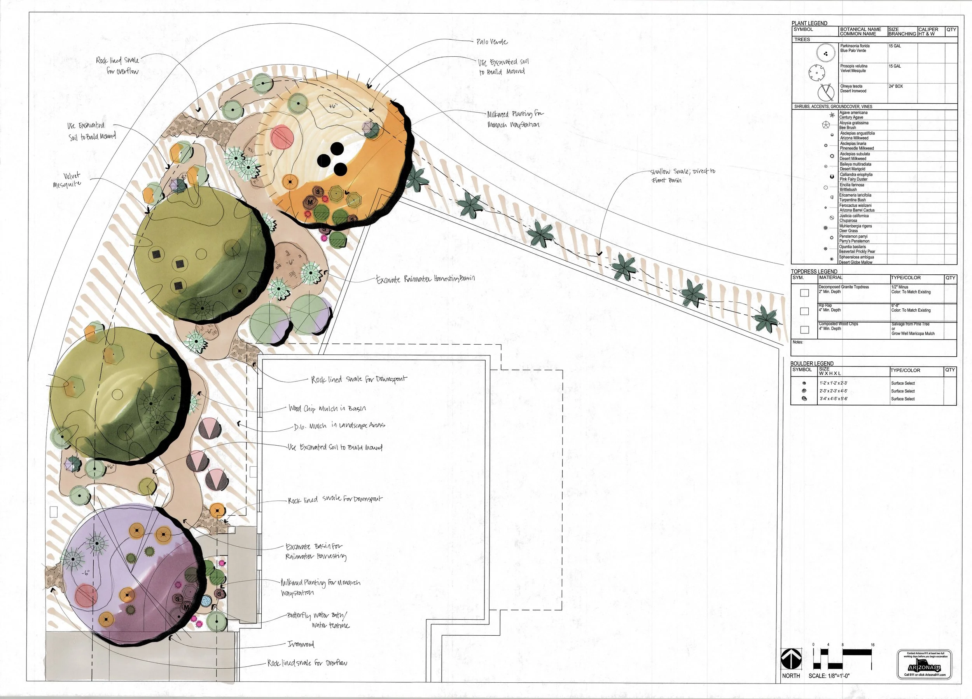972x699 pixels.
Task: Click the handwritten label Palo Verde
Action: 491,42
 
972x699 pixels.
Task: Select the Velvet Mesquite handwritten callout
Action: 66,180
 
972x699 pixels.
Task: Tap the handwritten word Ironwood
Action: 301,644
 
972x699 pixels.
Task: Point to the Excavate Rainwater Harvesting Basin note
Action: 425,279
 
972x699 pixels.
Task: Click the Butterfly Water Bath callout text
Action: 317,620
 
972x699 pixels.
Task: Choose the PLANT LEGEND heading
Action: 809,23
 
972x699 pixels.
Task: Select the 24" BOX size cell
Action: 896,86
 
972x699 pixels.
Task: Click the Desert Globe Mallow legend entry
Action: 856,260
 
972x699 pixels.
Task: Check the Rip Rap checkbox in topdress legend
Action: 804,311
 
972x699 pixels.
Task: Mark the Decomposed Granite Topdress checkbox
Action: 804,293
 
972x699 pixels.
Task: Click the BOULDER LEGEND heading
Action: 812,363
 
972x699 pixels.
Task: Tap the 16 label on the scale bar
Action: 872,645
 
